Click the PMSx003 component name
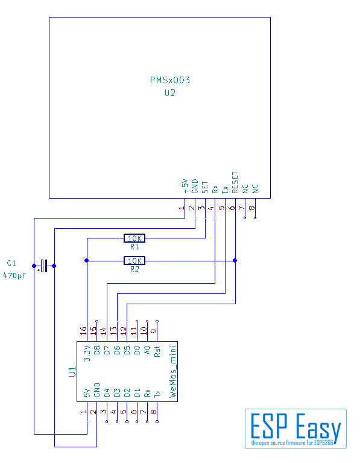pos(169,80)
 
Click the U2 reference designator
pos(169,93)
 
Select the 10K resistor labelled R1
pos(134,238)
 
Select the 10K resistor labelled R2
pos(134,261)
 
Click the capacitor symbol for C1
pos(44,266)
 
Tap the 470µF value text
pos(14,275)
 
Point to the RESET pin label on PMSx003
pos(235,182)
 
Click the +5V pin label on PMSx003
pos(185,186)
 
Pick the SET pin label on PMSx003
pos(205,188)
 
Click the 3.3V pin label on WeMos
pos(87,354)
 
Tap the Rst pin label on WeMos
pos(157,351)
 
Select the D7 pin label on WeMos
pos(107,350)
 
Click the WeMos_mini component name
pos(174,372)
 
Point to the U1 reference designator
pos(72,371)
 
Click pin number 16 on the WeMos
pos(83,330)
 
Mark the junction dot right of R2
pos(235,260)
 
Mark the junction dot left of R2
pos(86,260)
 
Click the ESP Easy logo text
pos(295,426)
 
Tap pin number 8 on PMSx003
pos(251,208)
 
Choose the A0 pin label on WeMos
pos(147,350)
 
